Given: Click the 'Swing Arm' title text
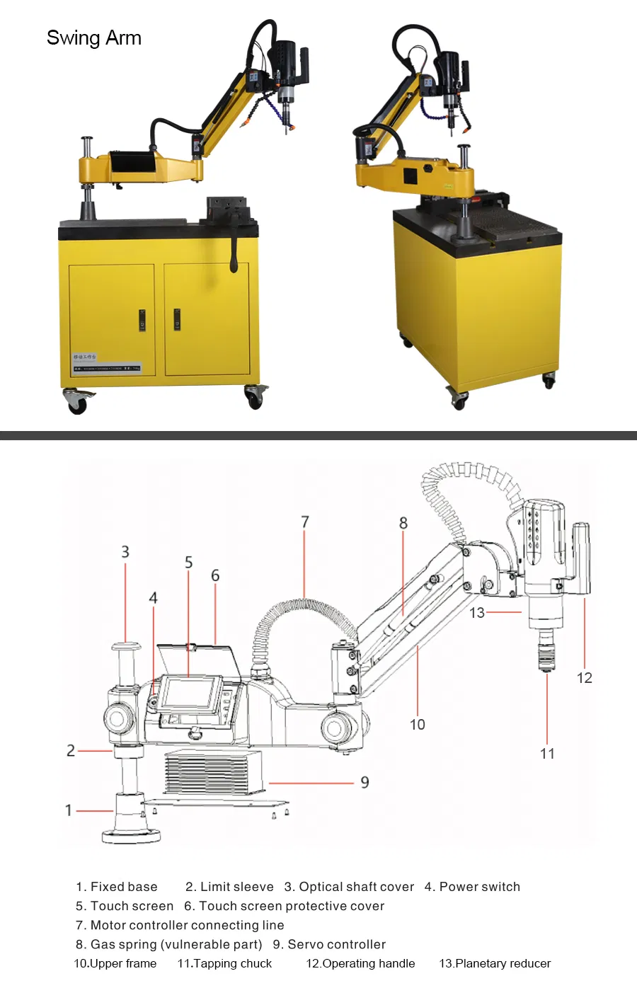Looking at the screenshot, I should [x=94, y=38].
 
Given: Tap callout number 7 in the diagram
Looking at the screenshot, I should [x=305, y=522].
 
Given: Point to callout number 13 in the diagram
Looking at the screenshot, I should [x=477, y=613].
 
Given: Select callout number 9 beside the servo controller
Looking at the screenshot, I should [x=365, y=782].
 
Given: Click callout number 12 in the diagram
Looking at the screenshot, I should [x=585, y=678].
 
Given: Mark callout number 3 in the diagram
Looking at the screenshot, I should [x=125, y=552].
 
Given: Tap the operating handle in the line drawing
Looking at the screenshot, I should [x=581, y=559].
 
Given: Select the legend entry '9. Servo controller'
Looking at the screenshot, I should [x=329, y=944].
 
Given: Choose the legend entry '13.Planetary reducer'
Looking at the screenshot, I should [x=495, y=963].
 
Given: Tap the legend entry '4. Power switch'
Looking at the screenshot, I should [x=472, y=887].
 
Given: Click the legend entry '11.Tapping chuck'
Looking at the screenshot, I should [x=224, y=963].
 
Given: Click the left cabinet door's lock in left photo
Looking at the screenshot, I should [x=142, y=320].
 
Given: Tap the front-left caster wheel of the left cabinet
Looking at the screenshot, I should [x=77, y=403].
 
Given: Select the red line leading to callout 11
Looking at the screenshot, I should [x=547, y=708].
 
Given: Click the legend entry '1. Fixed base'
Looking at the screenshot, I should [x=117, y=887].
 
